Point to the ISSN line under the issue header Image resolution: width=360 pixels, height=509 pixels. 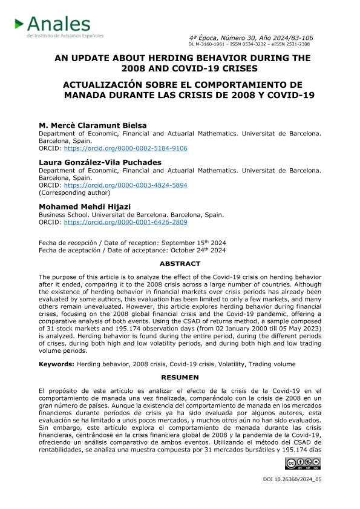[x=249, y=44]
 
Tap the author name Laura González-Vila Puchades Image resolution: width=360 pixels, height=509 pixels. [x=100, y=162]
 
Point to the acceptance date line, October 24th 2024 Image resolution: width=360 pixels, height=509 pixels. [x=132, y=250]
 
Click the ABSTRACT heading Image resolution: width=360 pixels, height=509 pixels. [x=180, y=264]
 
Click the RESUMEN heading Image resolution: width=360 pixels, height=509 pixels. [x=180, y=377]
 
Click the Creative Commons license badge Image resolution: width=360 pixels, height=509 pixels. [x=302, y=464]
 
